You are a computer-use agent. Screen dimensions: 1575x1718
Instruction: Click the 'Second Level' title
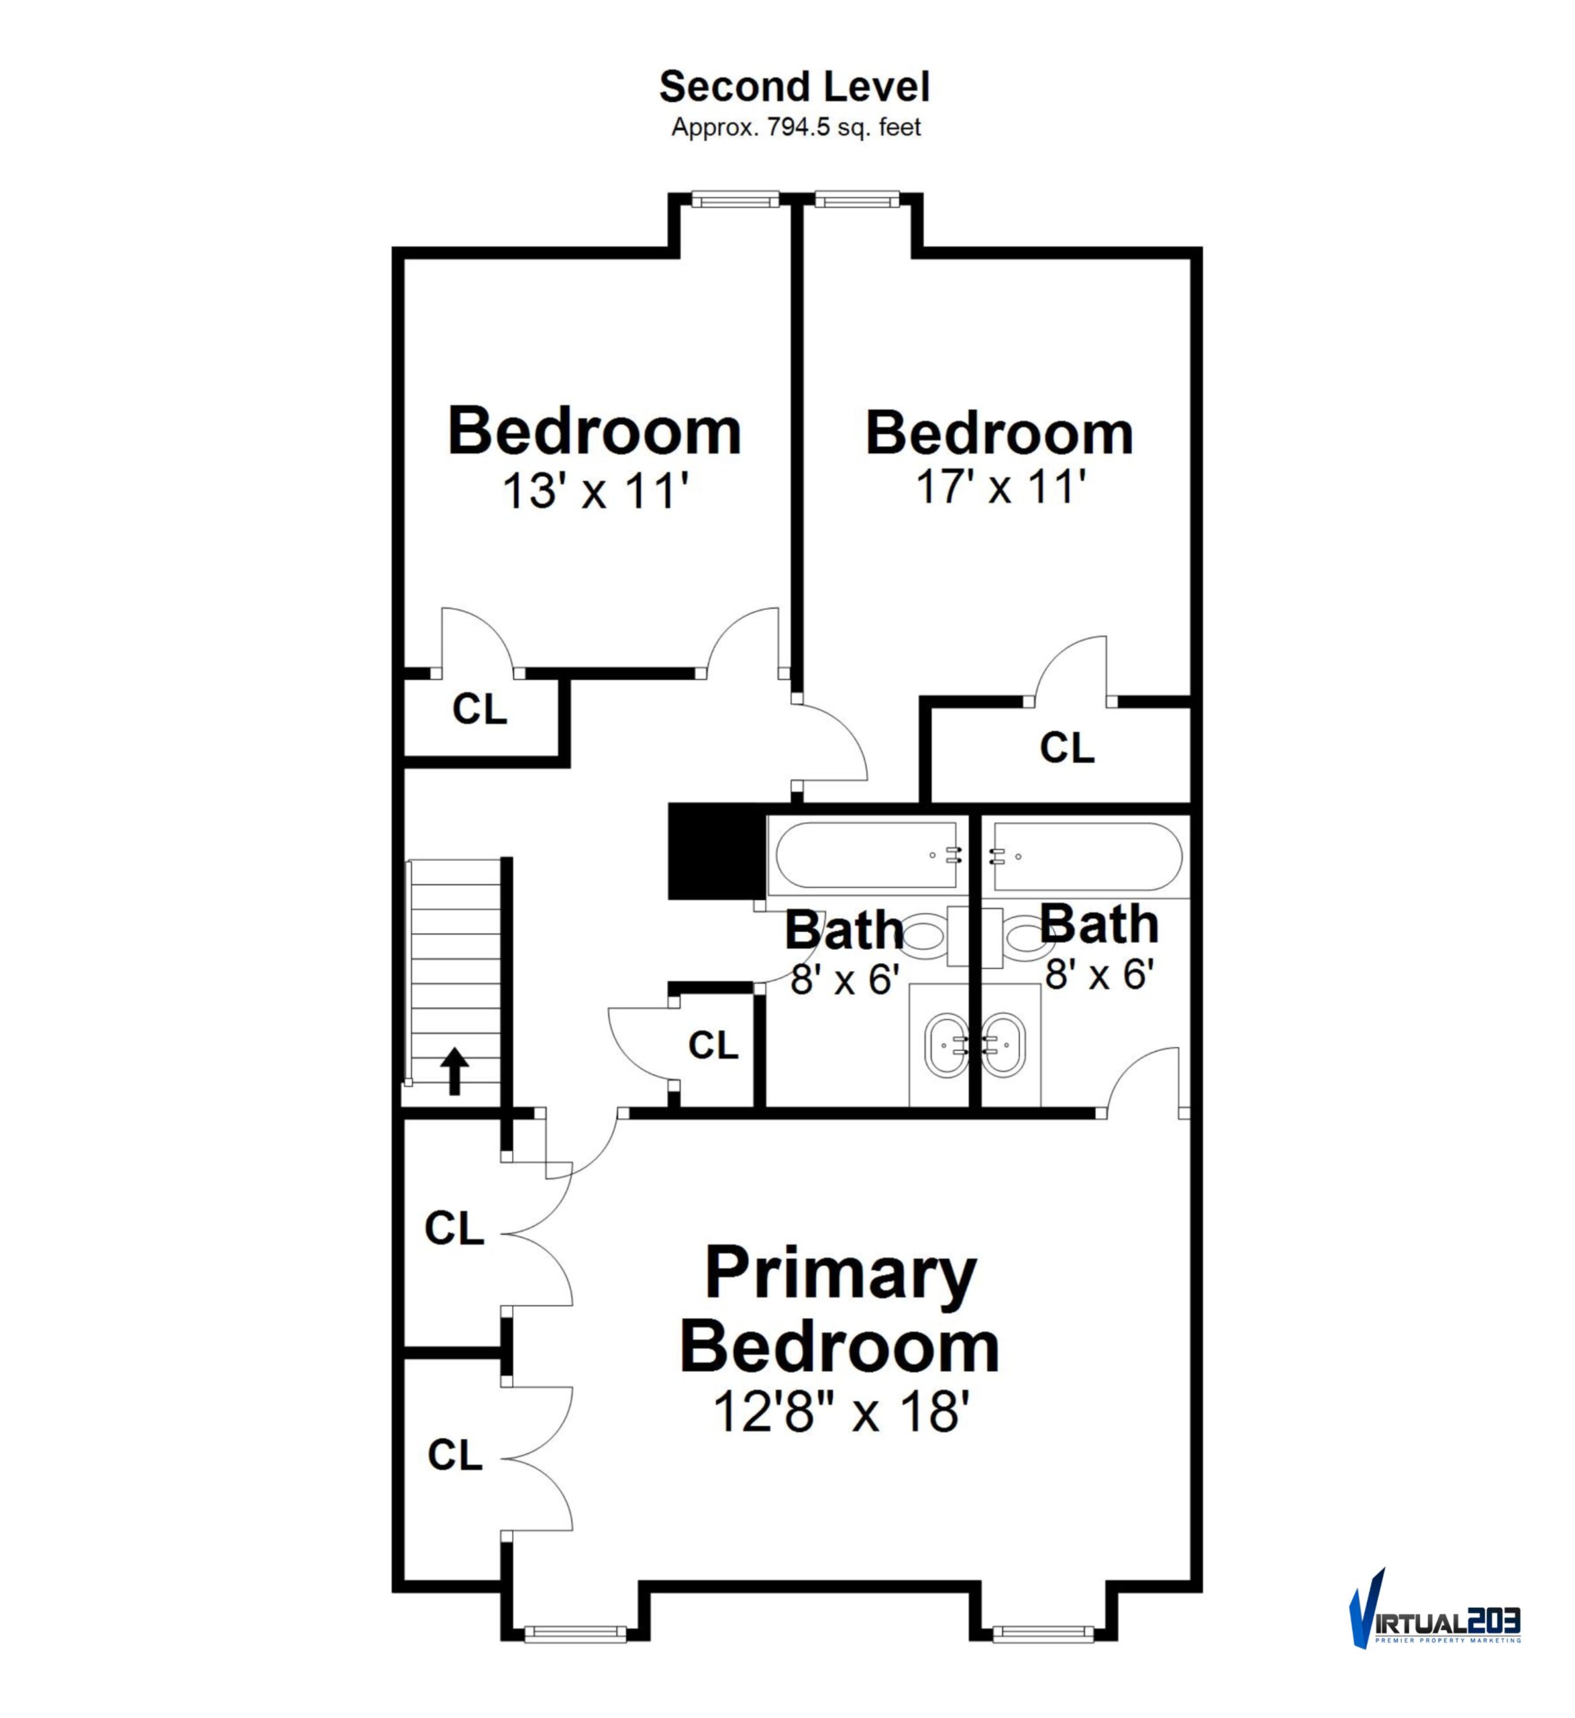(x=795, y=87)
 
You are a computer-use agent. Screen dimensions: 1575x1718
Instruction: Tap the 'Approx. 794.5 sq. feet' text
(x=796, y=128)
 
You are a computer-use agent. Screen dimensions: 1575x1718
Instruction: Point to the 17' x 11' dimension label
(x=1001, y=487)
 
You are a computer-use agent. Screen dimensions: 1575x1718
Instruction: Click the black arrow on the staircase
(x=454, y=1071)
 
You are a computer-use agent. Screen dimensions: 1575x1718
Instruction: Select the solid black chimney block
(x=717, y=850)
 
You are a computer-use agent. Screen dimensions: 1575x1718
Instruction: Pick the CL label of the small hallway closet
(x=713, y=1045)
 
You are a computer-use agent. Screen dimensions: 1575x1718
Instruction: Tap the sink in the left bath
(x=946, y=1045)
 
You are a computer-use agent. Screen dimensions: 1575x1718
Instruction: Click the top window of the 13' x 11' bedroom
(x=735, y=199)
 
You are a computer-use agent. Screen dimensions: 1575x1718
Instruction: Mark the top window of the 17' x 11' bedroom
(x=856, y=199)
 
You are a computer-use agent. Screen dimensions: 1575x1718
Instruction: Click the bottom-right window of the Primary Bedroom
(x=1044, y=1633)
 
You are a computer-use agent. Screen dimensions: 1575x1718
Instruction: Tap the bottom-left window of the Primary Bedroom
(x=575, y=1633)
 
